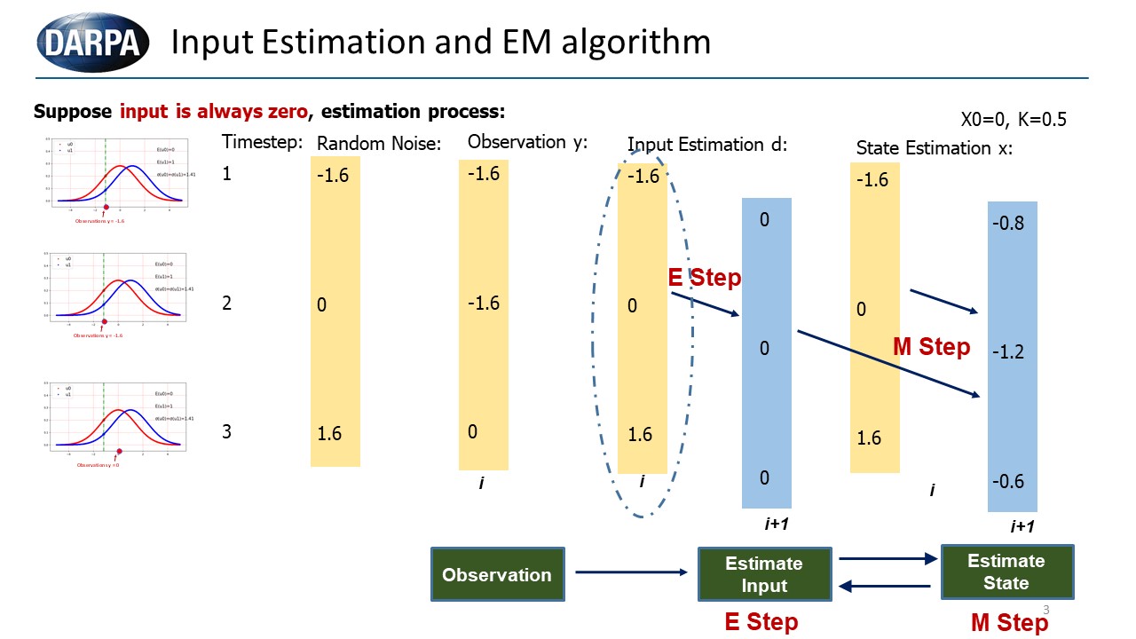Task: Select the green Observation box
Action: click(x=497, y=574)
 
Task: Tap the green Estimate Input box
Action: click(x=764, y=574)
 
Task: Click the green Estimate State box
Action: click(x=1006, y=572)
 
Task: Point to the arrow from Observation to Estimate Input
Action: click(x=631, y=572)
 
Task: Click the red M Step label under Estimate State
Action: click(x=1009, y=623)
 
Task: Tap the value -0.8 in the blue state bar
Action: click(x=1008, y=224)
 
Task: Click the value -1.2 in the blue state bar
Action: click(x=1008, y=352)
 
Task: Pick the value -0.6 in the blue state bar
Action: click(x=1008, y=482)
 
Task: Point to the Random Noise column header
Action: click(x=379, y=144)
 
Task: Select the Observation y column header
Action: click(x=527, y=142)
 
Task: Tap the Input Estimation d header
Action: click(x=707, y=144)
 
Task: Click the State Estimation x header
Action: click(x=934, y=148)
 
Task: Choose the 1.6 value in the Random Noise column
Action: click(x=330, y=434)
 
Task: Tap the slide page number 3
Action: click(x=1046, y=610)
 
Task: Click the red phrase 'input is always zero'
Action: click(x=214, y=112)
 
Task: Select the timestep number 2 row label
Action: click(x=227, y=303)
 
